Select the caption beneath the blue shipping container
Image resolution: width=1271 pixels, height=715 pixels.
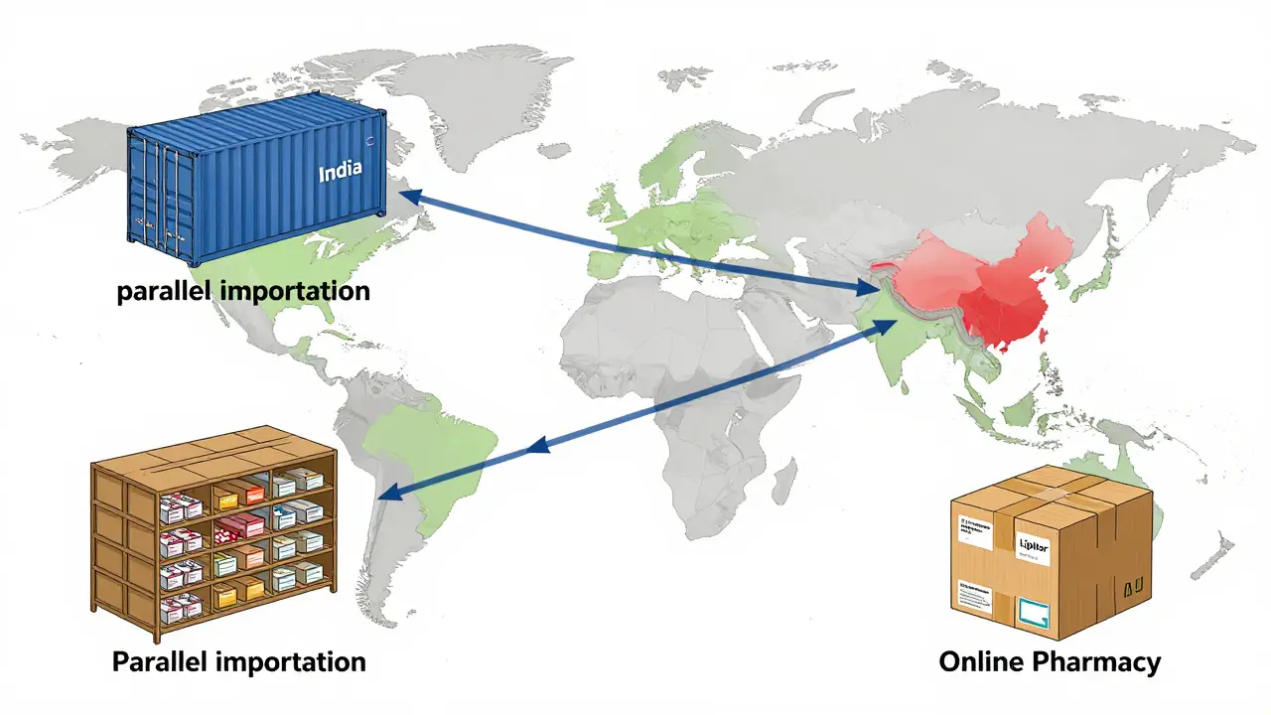pos(243,291)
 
